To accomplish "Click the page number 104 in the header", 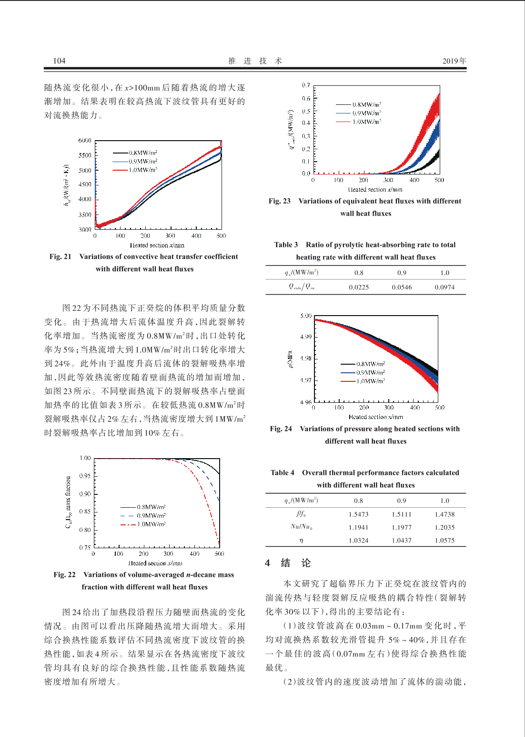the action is click(x=59, y=61).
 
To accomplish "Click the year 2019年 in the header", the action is click(x=454, y=61).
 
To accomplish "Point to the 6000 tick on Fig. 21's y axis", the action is click(x=85, y=141).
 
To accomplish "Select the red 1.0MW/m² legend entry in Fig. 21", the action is click(x=135, y=170).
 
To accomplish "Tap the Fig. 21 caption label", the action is click(x=60, y=256).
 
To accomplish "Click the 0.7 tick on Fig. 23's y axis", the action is click(x=306, y=85).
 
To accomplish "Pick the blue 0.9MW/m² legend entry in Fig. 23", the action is click(x=358, y=113).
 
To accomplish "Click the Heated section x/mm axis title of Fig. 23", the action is click(x=375, y=190).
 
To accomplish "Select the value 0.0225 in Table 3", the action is click(x=359, y=287).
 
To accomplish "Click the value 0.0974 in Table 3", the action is click(x=444, y=287).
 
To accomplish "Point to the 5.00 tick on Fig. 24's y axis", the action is click(x=306, y=316).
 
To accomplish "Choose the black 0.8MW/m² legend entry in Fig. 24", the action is click(x=363, y=364).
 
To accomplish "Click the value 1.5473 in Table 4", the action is click(x=358, y=514).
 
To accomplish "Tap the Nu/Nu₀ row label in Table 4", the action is click(x=301, y=527).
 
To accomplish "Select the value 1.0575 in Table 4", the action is click(x=444, y=540).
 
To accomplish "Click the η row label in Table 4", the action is click(x=301, y=541).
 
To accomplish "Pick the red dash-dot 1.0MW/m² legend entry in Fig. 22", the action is click(x=143, y=524).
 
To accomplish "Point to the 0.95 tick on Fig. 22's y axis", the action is click(x=85, y=476).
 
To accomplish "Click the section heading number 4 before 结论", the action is click(x=268, y=563).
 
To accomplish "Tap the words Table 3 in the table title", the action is click(x=286, y=245).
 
